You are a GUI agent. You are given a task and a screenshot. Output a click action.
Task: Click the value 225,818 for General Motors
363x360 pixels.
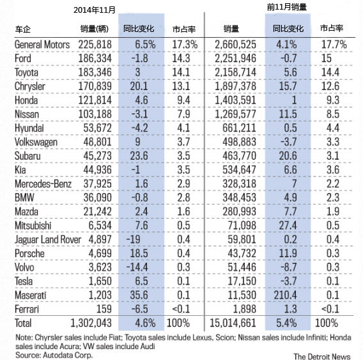[x=98, y=45]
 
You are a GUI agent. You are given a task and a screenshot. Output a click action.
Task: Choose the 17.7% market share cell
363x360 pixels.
[x=334, y=45]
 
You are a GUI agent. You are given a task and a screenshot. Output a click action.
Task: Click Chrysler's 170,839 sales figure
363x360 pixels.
[x=98, y=86]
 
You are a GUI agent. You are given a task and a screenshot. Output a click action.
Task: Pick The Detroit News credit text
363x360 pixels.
[x=323, y=354]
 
